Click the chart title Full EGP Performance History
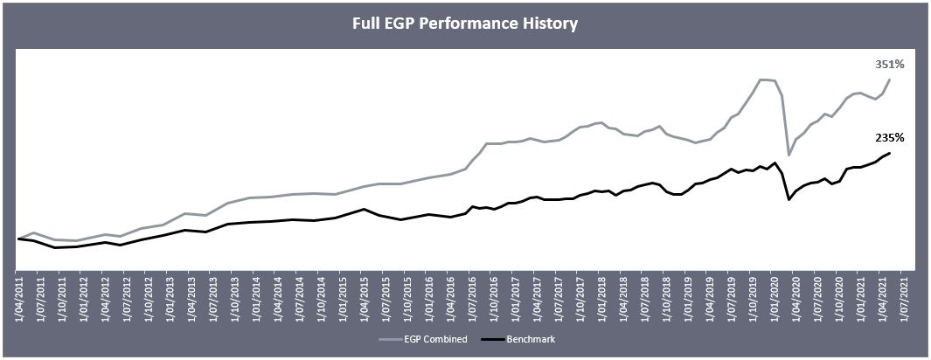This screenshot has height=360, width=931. pos(465,24)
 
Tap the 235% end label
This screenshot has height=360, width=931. pos(889,137)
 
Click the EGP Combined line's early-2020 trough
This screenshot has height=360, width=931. pos(789,156)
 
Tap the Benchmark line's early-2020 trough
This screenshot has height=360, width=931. pos(789,200)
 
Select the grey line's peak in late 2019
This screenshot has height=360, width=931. pos(763,80)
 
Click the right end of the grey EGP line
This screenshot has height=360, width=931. pos(890,80)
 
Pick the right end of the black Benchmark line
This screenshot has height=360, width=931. pos(890,153)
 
